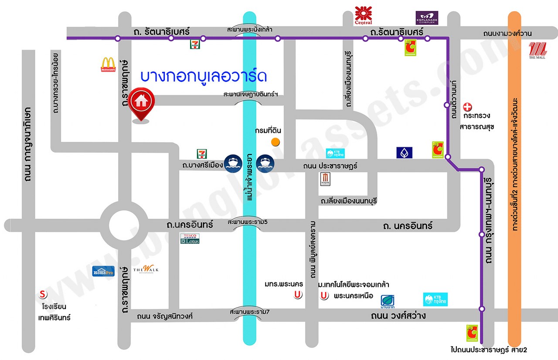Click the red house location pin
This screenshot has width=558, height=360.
[x=140, y=103]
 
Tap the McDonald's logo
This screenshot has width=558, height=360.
[x=108, y=65]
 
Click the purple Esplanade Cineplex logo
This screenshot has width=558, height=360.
[x=426, y=18]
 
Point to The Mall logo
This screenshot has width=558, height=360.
[x=537, y=50]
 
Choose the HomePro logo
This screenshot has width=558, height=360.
[x=103, y=271]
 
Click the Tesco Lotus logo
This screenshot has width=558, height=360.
[x=190, y=238]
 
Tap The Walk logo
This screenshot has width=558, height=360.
[x=146, y=270]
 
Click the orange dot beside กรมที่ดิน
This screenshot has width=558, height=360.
[x=275, y=142]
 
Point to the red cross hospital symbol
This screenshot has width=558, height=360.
[x=467, y=106]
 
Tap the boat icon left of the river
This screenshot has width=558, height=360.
[x=231, y=163]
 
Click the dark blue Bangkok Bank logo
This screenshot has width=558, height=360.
[x=404, y=153]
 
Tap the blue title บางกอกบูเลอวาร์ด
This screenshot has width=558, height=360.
[x=203, y=76]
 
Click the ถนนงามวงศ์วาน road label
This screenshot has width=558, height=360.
[x=507, y=34]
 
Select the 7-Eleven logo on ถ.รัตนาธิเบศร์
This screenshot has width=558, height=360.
[x=194, y=44]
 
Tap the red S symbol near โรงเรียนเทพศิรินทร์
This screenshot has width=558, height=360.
[x=43, y=293]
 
